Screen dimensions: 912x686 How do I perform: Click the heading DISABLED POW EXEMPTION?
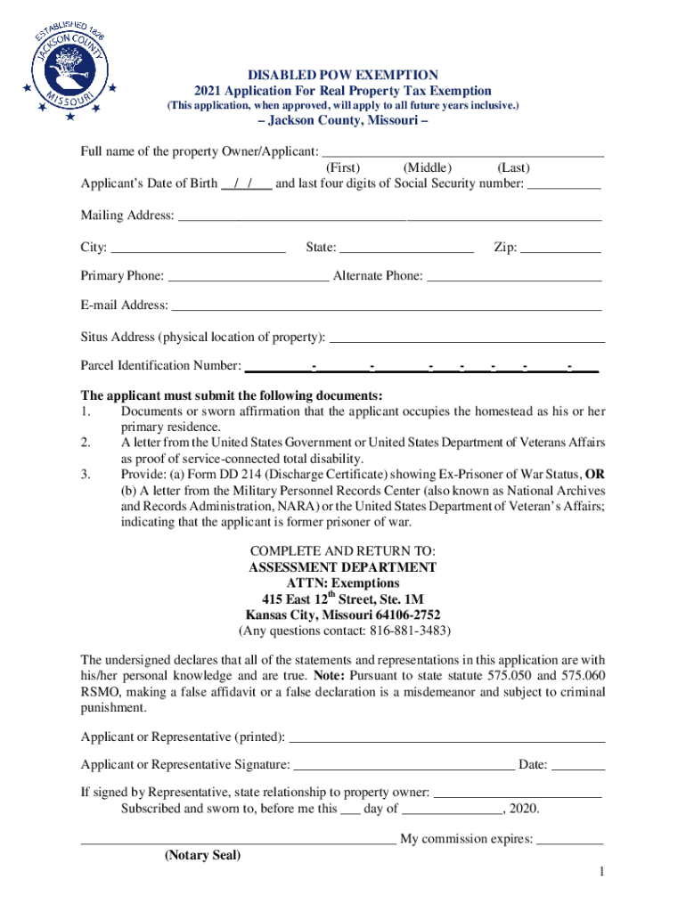[343, 75]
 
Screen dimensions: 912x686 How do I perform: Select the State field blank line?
[406, 248]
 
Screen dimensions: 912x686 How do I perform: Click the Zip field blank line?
[560, 248]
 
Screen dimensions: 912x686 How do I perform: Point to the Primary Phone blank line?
[248, 277]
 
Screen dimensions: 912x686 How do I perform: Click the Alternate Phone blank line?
[514, 277]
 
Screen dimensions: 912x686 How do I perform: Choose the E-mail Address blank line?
[386, 306]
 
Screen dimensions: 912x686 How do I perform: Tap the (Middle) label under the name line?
[428, 168]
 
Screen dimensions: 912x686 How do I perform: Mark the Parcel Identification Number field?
[421, 367]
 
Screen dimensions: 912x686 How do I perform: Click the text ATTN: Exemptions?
[343, 583]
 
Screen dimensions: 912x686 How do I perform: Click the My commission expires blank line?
[570, 839]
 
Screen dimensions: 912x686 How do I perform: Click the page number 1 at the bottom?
[602, 871]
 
